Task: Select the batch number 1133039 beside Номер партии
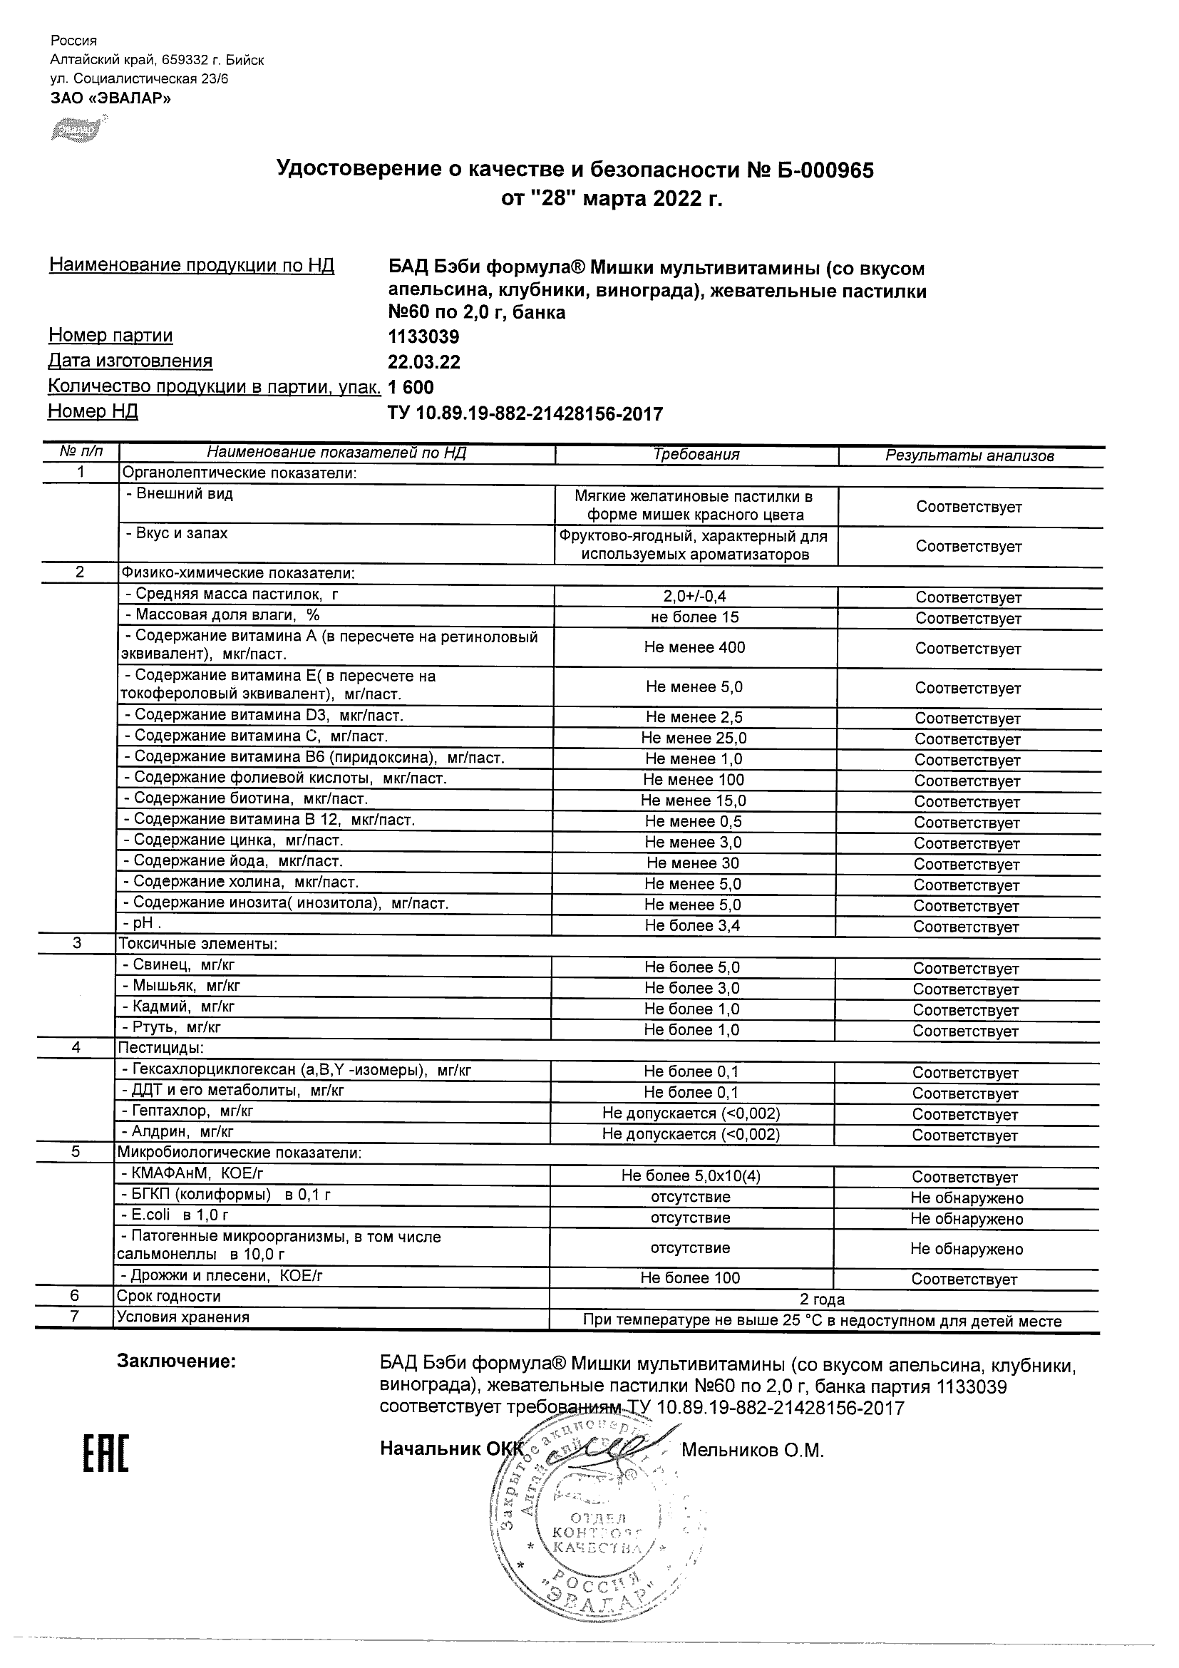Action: click(x=423, y=337)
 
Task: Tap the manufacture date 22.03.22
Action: click(x=424, y=362)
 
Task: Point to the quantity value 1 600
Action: click(x=411, y=387)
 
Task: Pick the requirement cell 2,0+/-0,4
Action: click(x=694, y=597)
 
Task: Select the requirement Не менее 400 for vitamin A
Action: click(x=694, y=647)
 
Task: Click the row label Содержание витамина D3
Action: click(x=268, y=716)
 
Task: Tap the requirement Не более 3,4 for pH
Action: click(x=692, y=925)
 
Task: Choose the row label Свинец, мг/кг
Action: click(x=178, y=964)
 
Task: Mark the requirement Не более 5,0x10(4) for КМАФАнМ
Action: click(x=691, y=1175)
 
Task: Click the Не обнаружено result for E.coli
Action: click(x=966, y=1218)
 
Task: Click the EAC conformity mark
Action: click(x=105, y=1452)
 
